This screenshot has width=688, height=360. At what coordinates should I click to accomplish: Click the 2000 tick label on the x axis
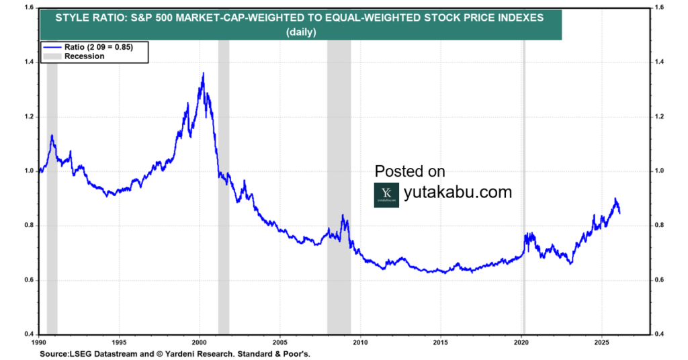pyautogui.click(x=200, y=341)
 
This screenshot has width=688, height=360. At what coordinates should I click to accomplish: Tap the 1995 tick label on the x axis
pyautogui.click(x=120, y=341)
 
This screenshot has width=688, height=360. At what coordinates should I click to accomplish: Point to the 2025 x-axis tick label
pyautogui.click(x=601, y=341)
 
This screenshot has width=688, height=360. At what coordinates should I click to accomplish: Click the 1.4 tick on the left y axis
pyautogui.click(x=29, y=62)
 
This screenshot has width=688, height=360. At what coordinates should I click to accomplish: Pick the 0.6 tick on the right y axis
pyautogui.click(x=660, y=280)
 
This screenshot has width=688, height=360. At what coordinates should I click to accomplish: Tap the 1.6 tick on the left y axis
pyautogui.click(x=29, y=7)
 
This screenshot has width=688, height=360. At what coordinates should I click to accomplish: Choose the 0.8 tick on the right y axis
pyautogui.click(x=660, y=226)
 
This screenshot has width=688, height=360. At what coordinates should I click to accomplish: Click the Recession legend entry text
pyautogui.click(x=84, y=56)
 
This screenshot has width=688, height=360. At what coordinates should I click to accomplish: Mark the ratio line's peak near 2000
pyautogui.click(x=203, y=73)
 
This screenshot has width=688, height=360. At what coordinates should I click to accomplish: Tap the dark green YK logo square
pyautogui.click(x=386, y=195)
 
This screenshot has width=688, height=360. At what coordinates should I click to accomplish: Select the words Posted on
pyautogui.click(x=410, y=171)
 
